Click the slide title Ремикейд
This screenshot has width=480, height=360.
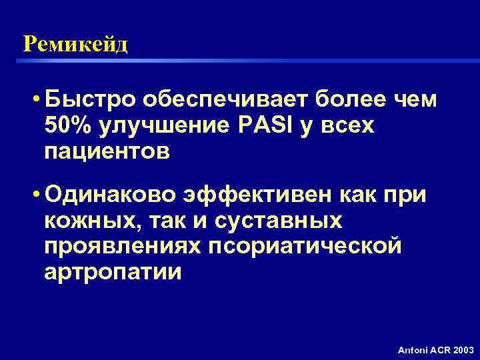click(75, 45)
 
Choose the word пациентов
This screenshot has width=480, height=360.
click(107, 151)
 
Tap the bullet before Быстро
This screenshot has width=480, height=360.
click(33, 101)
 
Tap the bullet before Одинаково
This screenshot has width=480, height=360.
click(33, 195)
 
